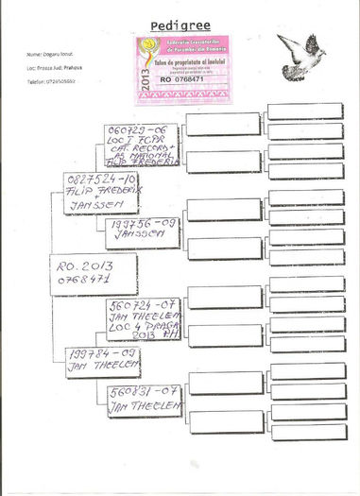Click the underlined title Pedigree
[180, 24]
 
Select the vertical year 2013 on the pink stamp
[144, 70]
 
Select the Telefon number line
[56, 82]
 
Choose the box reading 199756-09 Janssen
[143, 232]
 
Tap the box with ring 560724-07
[143, 319]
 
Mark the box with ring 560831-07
[143, 405]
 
